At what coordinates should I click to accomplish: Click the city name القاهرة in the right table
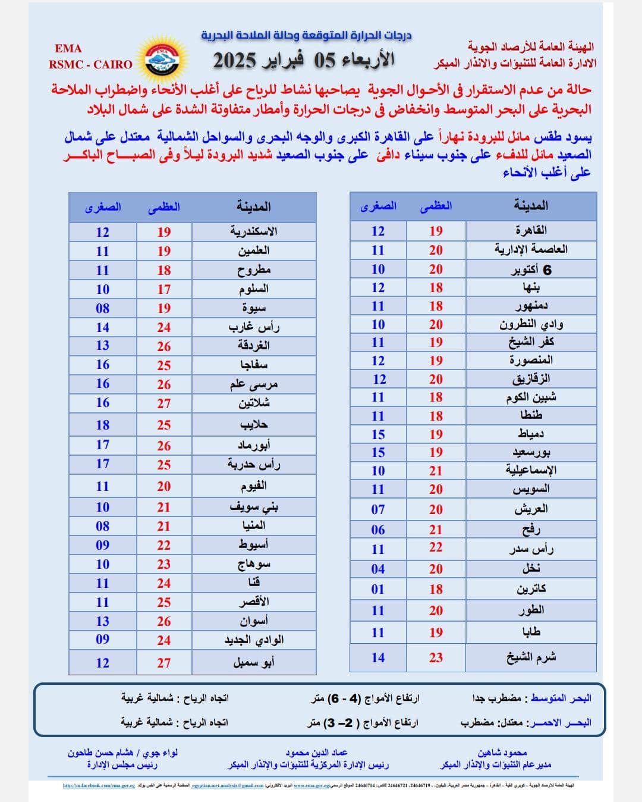coord(531,230)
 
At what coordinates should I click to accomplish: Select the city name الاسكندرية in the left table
coord(254,231)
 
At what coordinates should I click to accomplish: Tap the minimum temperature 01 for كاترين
coord(378,589)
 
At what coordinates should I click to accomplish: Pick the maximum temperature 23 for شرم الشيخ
coord(436,657)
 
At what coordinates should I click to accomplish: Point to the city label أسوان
coord(254,621)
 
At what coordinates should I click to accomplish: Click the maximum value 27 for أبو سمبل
coord(164,663)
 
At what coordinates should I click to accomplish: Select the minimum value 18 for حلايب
coord(103,425)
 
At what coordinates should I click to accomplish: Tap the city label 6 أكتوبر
coord(531,270)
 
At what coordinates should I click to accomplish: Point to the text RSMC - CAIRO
coord(90,64)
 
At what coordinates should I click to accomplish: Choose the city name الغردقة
coord(254,346)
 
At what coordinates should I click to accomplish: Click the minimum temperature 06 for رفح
coord(378,530)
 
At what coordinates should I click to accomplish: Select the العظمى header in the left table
coord(164,207)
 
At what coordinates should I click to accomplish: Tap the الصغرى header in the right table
coord(378,206)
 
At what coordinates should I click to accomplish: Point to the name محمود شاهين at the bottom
coord(502,753)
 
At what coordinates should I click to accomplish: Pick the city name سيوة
coord(254,308)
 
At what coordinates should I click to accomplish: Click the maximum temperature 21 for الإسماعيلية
coord(436,471)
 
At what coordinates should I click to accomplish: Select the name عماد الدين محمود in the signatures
coord(316,753)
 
